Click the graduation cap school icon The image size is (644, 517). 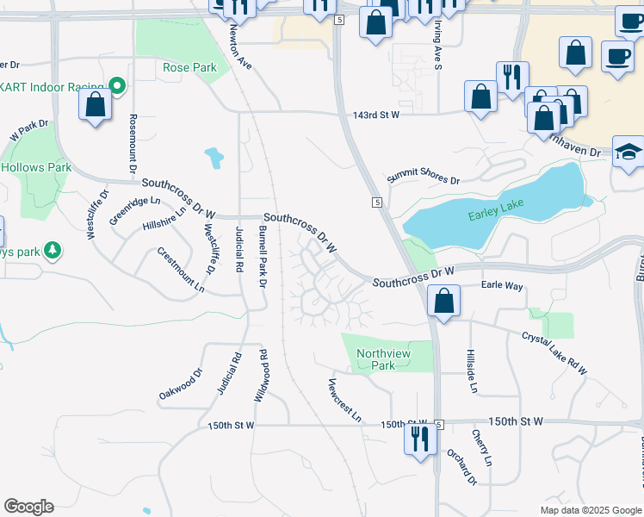tap(629, 152)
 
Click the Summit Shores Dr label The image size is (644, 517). tap(424, 177)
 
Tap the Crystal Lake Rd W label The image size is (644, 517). tap(554, 353)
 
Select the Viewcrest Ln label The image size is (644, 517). tap(344, 400)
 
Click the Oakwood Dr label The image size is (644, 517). tap(180, 383)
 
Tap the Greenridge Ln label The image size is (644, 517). tap(135, 211)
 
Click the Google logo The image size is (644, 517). tap(28, 507)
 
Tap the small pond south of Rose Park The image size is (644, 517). tap(213, 158)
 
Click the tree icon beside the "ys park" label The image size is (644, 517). tap(54, 250)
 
